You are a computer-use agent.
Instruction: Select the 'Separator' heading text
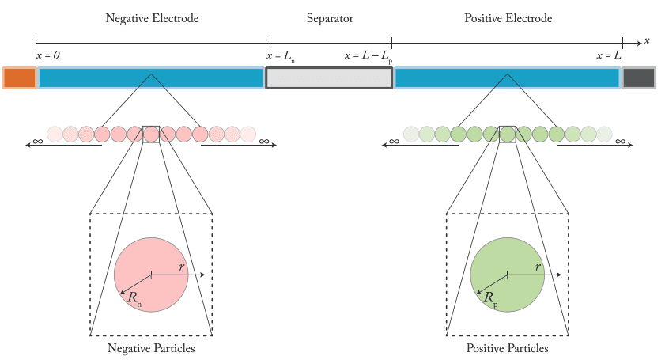click(329, 18)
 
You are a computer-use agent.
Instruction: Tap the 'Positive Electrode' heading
click(507, 18)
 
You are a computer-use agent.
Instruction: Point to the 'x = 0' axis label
click(48, 56)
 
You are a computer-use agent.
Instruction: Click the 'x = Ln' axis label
click(281, 57)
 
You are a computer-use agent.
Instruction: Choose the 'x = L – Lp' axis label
click(368, 57)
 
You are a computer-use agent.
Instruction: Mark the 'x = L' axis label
click(609, 56)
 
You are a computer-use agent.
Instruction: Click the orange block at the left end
click(19, 78)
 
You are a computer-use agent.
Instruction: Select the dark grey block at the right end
click(639, 78)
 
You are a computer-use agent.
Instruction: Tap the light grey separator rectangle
click(329, 78)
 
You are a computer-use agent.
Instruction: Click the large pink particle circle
click(151, 275)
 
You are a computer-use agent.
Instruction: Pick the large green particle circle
click(507, 275)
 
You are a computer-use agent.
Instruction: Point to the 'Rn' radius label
click(136, 298)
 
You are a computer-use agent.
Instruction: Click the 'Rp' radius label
click(492, 298)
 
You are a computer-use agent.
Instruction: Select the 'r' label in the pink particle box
click(181, 267)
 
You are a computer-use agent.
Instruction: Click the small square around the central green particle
click(508, 134)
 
